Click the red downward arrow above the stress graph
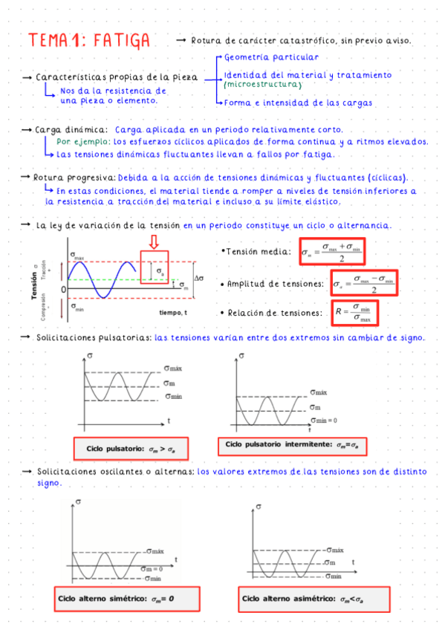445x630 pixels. [154, 242]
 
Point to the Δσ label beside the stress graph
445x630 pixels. [199, 279]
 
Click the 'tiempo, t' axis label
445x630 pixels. [172, 313]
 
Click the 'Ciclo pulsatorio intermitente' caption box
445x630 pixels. [291, 444]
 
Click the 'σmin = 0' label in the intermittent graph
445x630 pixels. [324, 420]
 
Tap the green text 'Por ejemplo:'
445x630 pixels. [83, 141]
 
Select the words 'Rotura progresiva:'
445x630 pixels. [74, 178]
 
